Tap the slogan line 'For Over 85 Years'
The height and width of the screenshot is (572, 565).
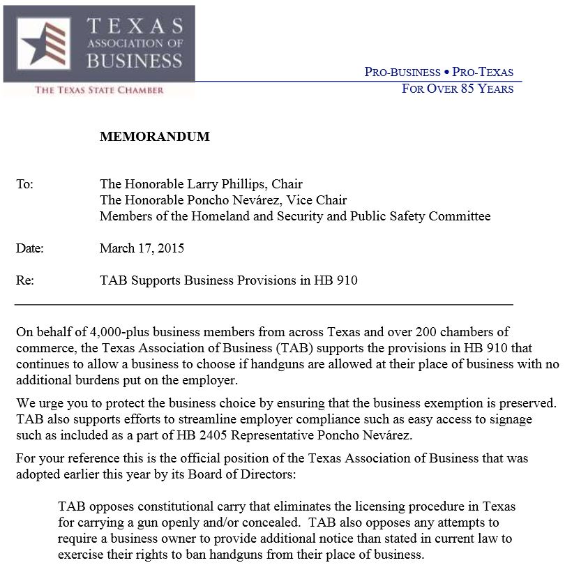(458, 89)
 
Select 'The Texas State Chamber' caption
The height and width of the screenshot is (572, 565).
(99, 90)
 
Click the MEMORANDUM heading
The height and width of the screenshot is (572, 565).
(154, 137)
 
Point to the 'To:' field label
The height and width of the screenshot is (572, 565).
(24, 184)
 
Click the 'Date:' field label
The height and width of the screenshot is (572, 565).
(29, 248)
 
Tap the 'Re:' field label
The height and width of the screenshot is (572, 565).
(24, 280)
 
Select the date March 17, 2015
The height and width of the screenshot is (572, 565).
(142, 248)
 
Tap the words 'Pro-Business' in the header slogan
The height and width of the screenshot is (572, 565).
(402, 73)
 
